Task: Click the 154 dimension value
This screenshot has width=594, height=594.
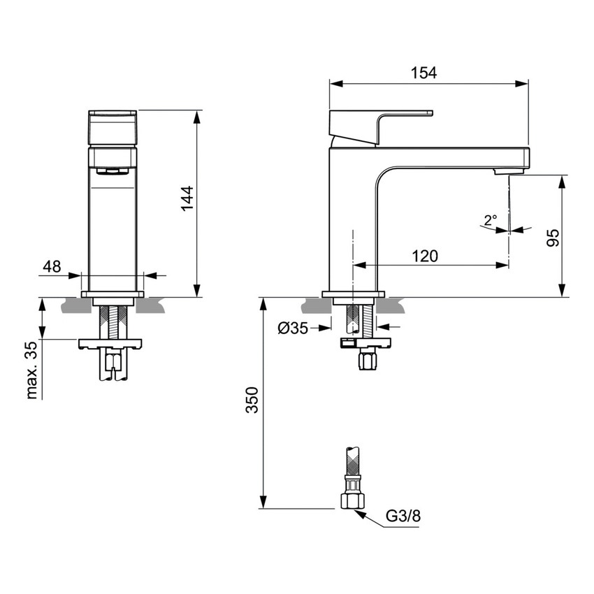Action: (423, 72)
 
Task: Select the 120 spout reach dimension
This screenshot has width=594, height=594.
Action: (424, 256)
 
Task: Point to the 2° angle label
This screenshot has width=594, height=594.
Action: (490, 219)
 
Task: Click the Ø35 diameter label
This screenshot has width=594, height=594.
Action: (293, 328)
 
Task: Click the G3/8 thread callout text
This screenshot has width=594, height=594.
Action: (403, 516)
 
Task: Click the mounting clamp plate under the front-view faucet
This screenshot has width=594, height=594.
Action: (111, 343)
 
